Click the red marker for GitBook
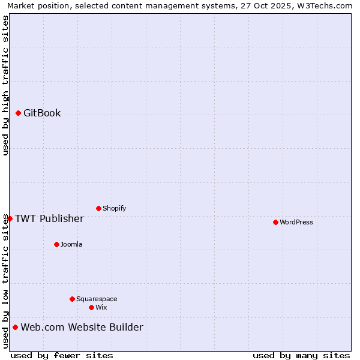tap(18, 113)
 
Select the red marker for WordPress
tap(275, 222)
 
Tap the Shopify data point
tap(98, 208)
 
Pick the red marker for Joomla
tap(56, 244)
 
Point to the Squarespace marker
tap(72, 299)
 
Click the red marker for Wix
tap(91, 307)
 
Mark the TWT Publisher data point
tap(10, 218)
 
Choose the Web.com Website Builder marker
tap(15, 327)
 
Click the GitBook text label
tap(42, 113)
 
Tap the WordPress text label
tap(296, 223)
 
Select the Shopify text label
tap(114, 209)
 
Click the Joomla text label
tap(71, 245)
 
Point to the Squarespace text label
tap(97, 299)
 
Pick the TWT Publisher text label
tap(49, 218)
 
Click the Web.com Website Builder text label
tap(82, 327)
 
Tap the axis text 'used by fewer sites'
tap(62, 355)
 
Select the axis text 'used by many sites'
tap(301, 355)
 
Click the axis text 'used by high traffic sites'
tap(5, 85)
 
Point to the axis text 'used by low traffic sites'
tap(5, 282)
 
